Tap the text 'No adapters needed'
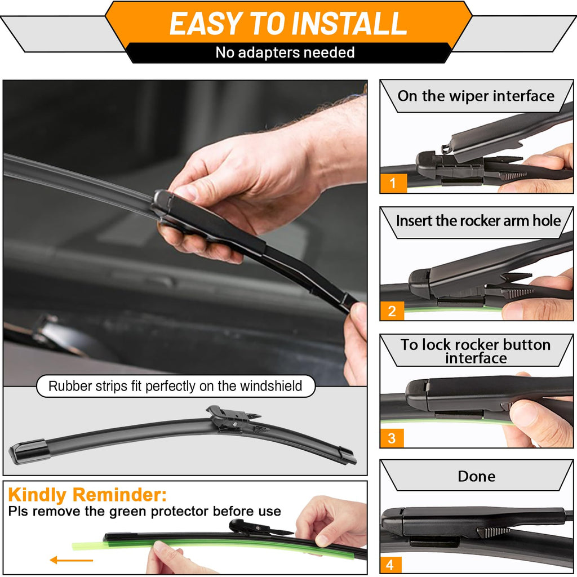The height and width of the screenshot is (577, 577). (x=285, y=53)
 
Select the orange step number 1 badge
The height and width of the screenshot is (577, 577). (x=393, y=183)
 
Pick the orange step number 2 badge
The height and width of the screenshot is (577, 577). (x=392, y=310)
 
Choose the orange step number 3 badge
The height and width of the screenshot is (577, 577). (x=392, y=438)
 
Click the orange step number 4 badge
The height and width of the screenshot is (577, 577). (x=392, y=564)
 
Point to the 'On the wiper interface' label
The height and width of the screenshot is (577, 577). (x=476, y=96)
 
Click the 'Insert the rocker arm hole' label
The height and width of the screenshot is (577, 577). (x=478, y=220)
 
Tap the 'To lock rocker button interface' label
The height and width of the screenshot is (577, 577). (x=476, y=351)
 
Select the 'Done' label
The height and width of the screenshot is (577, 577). (x=476, y=476)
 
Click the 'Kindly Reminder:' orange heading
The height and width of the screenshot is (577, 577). (x=87, y=495)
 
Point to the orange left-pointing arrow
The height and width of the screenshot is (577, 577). (x=71, y=560)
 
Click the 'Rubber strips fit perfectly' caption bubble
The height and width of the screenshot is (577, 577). (x=175, y=387)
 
